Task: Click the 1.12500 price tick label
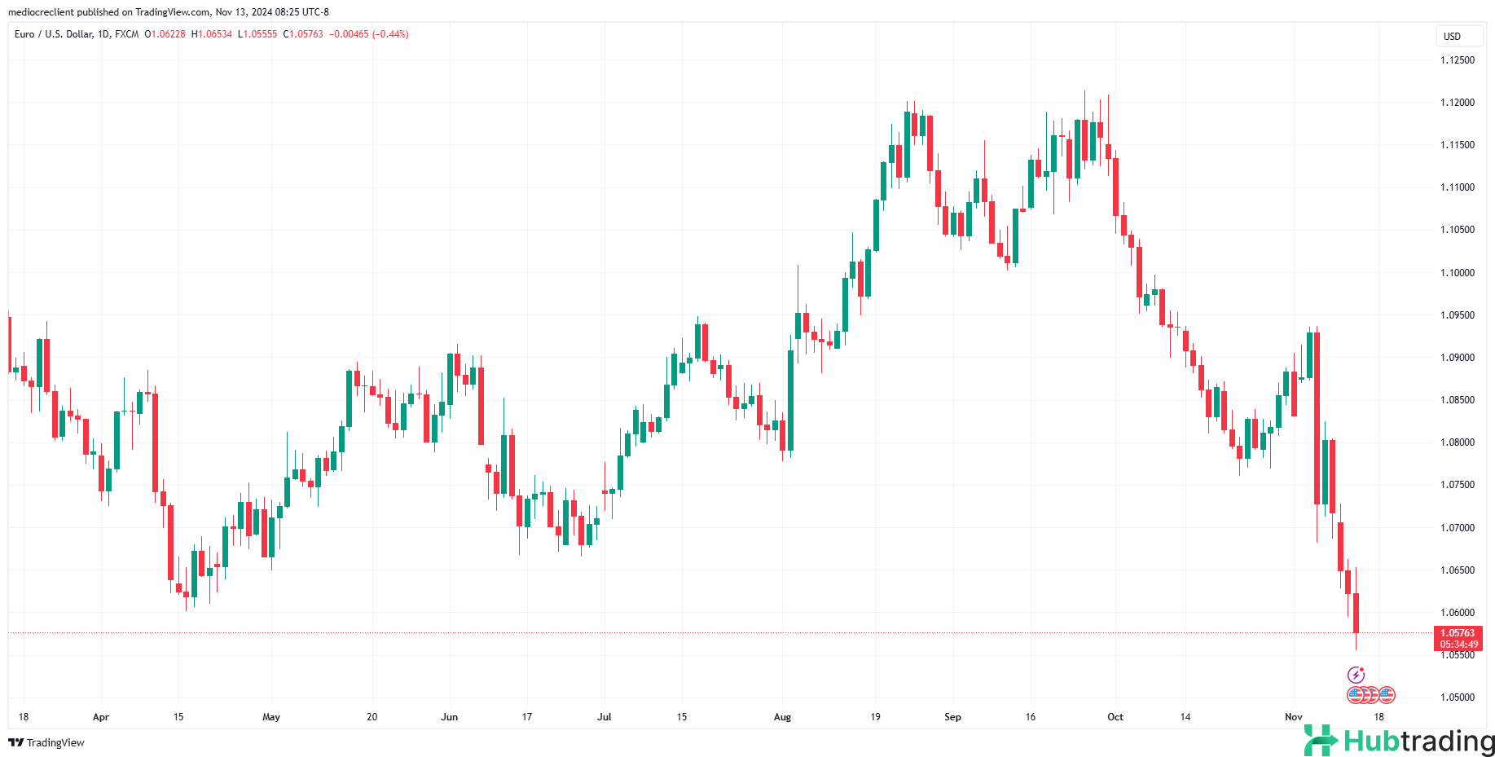[x=1457, y=60]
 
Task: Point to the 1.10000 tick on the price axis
[x=1457, y=272]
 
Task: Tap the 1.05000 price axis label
[x=1457, y=698]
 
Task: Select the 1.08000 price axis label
[x=1457, y=442]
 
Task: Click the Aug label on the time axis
[x=782, y=717]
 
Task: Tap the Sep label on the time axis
[x=952, y=717]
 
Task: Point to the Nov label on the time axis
[x=1293, y=717]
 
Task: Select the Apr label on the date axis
[x=101, y=717]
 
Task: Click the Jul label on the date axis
[x=604, y=717]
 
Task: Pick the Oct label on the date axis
[x=1115, y=717]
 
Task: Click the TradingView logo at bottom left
[x=46, y=742]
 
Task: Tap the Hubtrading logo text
[x=1418, y=742]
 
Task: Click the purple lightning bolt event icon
[x=1356, y=675]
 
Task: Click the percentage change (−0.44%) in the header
[x=390, y=34]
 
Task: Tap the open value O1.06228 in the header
[x=165, y=34]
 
